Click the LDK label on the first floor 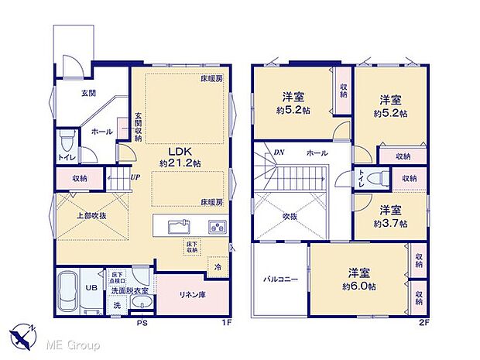(x=177, y=151)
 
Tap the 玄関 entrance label (x=89, y=93)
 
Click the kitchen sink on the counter (x=179, y=227)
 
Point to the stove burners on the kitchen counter (x=217, y=227)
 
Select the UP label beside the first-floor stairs (x=135, y=178)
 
